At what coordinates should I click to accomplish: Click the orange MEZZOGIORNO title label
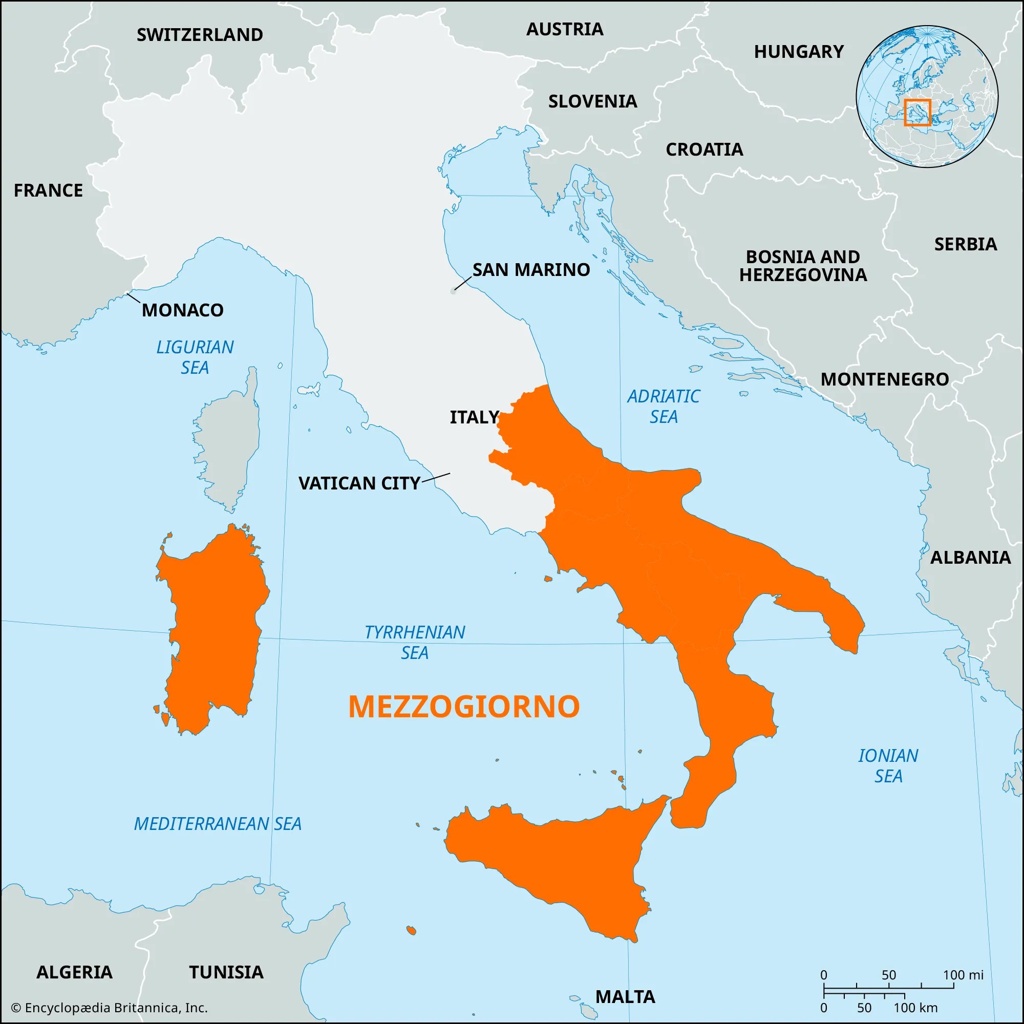click(464, 707)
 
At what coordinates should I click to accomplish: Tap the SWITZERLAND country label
click(200, 35)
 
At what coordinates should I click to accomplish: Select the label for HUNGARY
click(798, 52)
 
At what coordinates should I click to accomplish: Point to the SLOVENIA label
click(592, 101)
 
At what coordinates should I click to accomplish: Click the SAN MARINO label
click(531, 270)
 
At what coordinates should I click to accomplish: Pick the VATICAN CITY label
click(359, 483)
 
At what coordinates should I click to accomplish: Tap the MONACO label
click(182, 310)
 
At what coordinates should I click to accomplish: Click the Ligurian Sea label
click(195, 357)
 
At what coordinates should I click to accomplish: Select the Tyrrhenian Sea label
click(415, 643)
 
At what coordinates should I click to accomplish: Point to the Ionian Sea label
click(888, 766)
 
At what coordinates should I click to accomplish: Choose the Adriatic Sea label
click(663, 407)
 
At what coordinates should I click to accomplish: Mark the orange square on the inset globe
click(917, 112)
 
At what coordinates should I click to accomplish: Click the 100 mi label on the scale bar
click(963, 975)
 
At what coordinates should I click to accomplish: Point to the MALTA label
click(625, 997)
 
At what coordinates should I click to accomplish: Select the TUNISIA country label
click(226, 973)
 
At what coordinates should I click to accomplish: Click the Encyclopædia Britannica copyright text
click(109, 1008)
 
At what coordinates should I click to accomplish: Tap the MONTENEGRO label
click(885, 379)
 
